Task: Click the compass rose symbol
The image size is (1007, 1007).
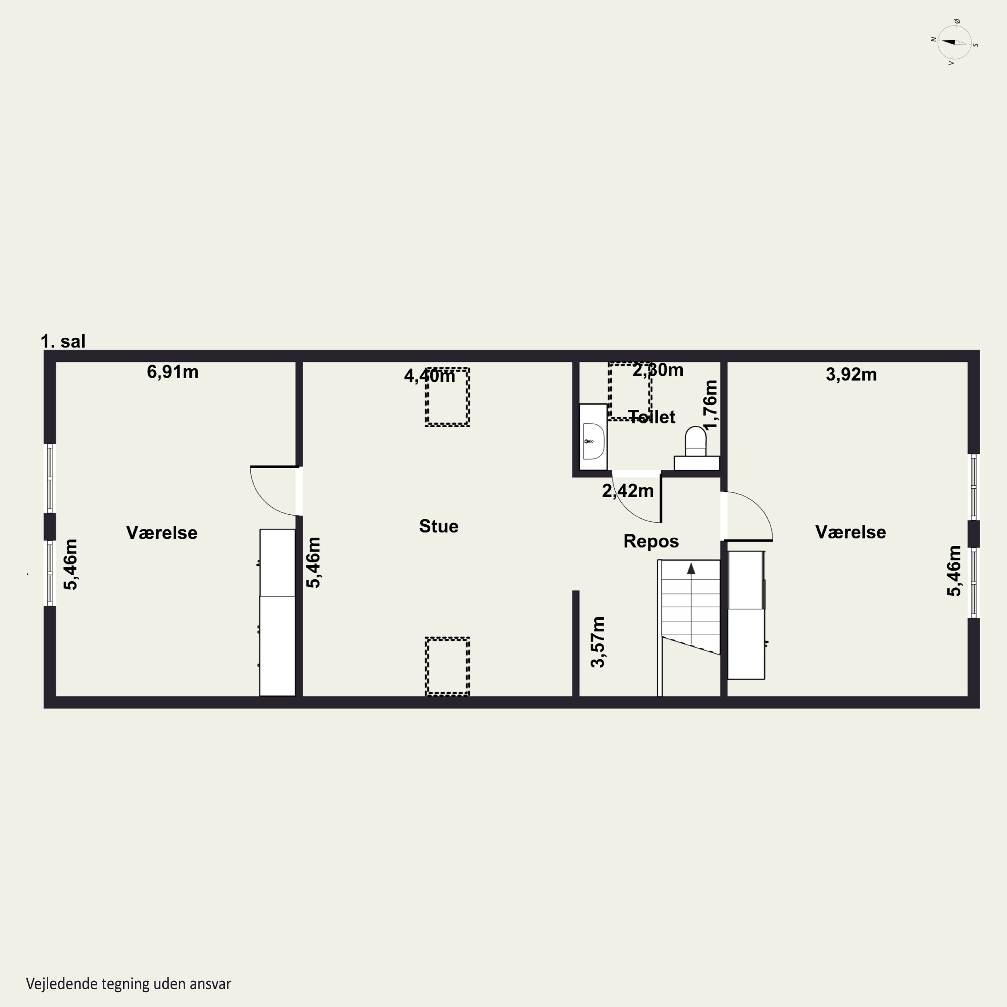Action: [x=954, y=43]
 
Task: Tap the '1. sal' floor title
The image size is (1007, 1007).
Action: [x=63, y=341]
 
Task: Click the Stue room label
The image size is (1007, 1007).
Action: [x=439, y=526]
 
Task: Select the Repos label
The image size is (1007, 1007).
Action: [x=651, y=541]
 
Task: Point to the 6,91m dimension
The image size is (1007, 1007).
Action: [x=173, y=372]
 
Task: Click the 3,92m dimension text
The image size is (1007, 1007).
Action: [x=851, y=374]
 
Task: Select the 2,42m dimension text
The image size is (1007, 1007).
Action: [x=628, y=490]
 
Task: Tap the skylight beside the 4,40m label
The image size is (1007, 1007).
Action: [x=447, y=397]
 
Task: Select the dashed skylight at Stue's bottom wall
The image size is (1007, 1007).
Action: [x=447, y=666]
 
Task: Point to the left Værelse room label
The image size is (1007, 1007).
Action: [x=161, y=533]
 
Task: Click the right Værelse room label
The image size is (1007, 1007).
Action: [x=851, y=532]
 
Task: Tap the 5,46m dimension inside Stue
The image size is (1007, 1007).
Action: [x=313, y=562]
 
